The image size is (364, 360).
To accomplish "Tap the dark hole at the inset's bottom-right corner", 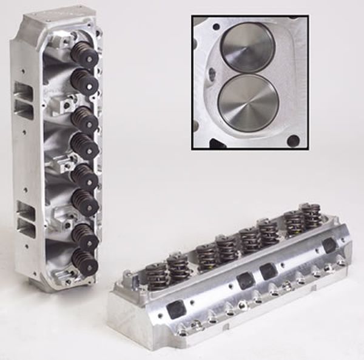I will [x=293, y=141].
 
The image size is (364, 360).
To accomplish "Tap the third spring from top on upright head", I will [x=85, y=120].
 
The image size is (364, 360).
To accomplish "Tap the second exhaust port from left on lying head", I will [x=246, y=281].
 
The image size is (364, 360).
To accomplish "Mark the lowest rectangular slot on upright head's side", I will [x=26, y=227].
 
